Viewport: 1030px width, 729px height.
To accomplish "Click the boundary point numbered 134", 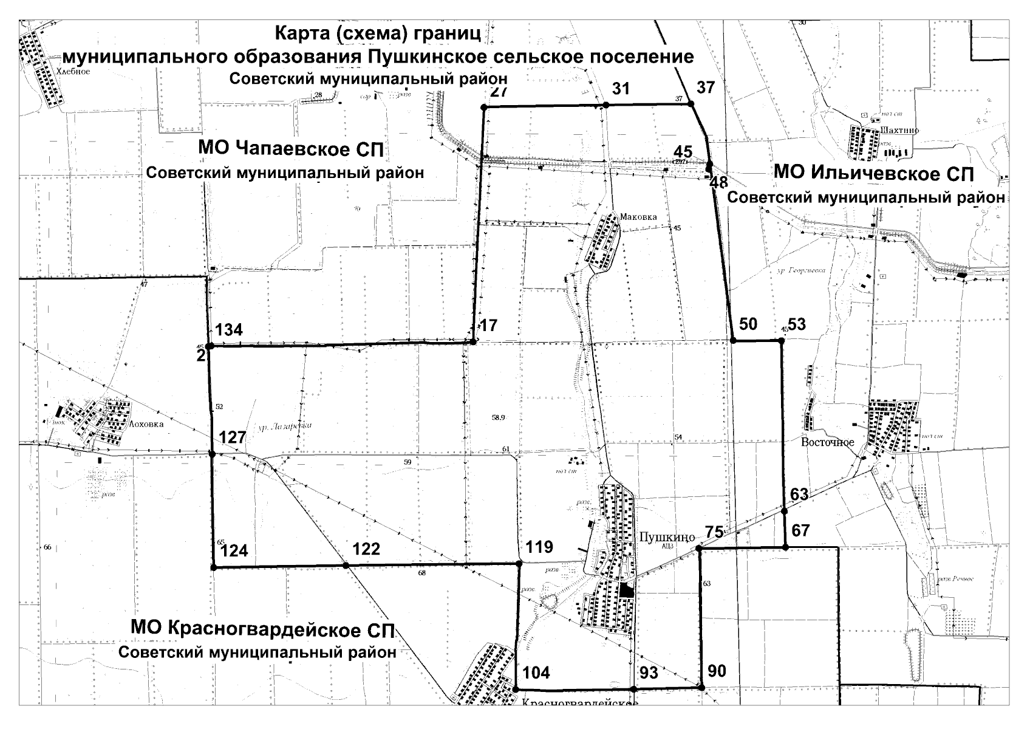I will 209,346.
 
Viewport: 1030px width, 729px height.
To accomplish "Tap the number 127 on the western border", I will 233,437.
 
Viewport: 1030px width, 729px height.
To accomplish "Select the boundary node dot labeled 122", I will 346,565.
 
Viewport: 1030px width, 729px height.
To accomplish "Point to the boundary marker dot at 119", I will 519,564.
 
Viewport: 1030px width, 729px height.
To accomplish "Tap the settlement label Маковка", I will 638,216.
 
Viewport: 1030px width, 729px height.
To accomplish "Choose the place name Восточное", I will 827,442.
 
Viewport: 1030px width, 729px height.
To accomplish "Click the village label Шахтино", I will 899,130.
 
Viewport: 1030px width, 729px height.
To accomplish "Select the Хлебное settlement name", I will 73,71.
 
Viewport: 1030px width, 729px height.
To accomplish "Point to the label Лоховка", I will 146,424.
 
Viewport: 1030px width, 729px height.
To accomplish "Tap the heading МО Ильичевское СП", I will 873,173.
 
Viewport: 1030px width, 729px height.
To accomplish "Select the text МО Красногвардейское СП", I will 262,628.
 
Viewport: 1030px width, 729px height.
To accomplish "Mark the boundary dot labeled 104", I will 516,689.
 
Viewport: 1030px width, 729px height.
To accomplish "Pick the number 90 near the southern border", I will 717,671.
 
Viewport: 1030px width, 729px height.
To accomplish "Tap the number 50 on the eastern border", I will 748,324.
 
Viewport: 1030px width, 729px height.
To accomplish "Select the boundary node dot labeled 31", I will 605,105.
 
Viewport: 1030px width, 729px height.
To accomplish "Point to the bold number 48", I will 718,182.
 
